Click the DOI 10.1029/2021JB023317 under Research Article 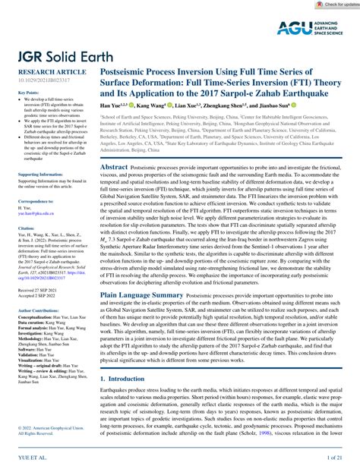33,77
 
